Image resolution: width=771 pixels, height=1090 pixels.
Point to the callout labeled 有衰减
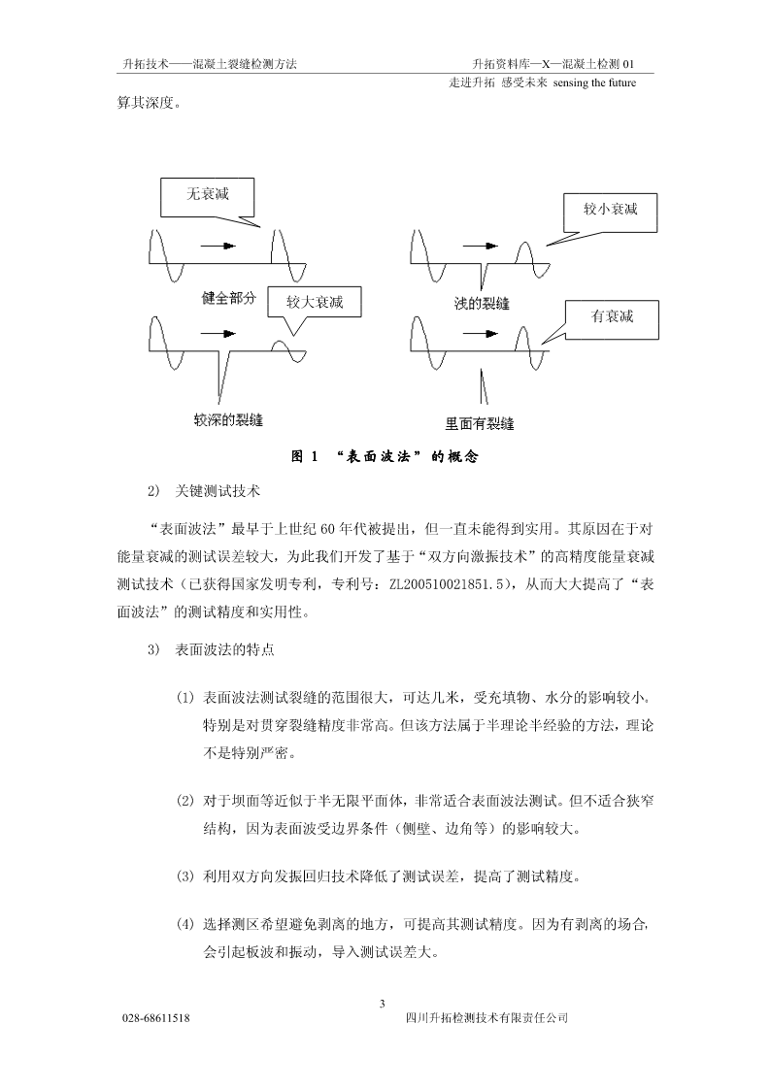click(612, 319)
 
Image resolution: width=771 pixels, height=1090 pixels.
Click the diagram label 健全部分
click(229, 298)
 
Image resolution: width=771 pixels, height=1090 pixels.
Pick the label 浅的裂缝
click(482, 304)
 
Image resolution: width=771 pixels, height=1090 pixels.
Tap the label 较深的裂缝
click(229, 420)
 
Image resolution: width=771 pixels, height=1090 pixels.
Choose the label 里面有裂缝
click(480, 423)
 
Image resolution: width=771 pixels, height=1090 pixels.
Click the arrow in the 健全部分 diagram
click(218, 247)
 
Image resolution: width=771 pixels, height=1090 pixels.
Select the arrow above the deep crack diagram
click(218, 334)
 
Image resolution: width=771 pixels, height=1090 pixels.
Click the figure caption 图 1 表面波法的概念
click(385, 457)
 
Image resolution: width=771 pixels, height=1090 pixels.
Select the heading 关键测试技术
click(218, 491)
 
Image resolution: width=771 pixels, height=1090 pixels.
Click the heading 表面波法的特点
click(224, 649)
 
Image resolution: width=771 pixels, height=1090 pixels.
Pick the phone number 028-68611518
click(156, 1018)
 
